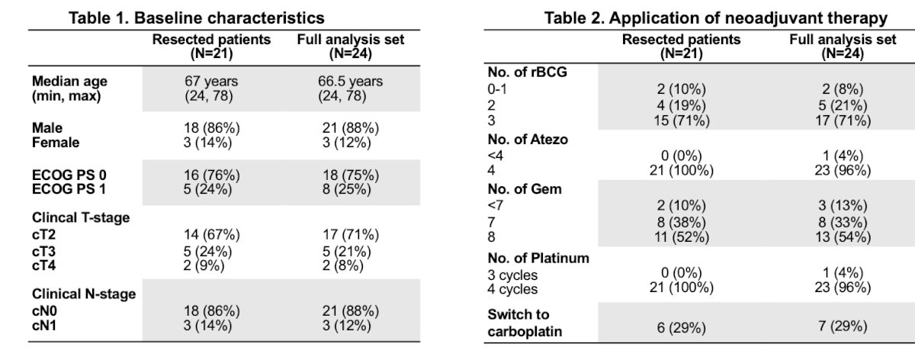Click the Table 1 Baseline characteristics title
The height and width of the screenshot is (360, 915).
tap(197, 18)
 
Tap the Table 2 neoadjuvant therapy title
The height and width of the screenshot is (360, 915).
tap(716, 18)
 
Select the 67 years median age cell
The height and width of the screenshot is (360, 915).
tap(210, 81)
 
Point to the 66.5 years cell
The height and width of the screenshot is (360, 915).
tap(350, 81)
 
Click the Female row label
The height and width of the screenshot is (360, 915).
tap(56, 143)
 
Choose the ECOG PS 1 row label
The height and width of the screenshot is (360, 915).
tap(69, 189)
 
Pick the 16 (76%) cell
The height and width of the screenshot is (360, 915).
tap(212, 175)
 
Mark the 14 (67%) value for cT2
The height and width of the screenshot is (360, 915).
tap(212, 235)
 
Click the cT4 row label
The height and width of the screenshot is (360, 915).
tap(43, 265)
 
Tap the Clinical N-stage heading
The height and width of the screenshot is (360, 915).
tap(84, 294)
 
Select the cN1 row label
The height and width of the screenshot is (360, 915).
tap(44, 326)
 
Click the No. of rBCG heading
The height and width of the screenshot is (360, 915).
tap(528, 72)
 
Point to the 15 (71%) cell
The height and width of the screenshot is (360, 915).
tap(682, 121)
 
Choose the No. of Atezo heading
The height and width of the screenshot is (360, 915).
tap(528, 140)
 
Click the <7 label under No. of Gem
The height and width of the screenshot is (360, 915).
tap(495, 205)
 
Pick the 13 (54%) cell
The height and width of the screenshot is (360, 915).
tap(843, 237)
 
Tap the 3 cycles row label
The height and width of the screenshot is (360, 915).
tap(512, 275)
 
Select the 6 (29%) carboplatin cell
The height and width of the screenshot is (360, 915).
tap(682, 328)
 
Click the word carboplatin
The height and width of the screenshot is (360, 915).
tap(525, 331)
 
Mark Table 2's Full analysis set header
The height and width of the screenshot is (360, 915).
tap(843, 47)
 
